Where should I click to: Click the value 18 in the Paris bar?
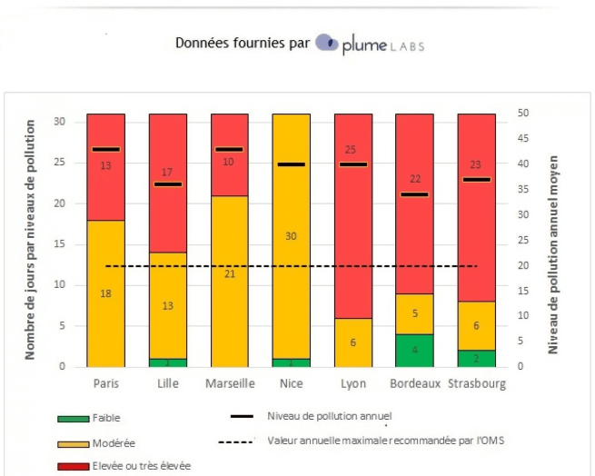tap(105, 293)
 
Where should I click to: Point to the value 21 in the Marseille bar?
tap(229, 273)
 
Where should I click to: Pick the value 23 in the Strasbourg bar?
tap(477, 165)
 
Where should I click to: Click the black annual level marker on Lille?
tap(167, 184)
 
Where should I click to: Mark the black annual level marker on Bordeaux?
tap(415, 194)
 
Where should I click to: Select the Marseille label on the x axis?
tap(229, 383)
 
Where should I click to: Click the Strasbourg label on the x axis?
tap(477, 383)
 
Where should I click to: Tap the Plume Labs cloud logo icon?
tap(327, 44)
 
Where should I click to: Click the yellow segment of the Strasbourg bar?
tap(477, 325)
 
